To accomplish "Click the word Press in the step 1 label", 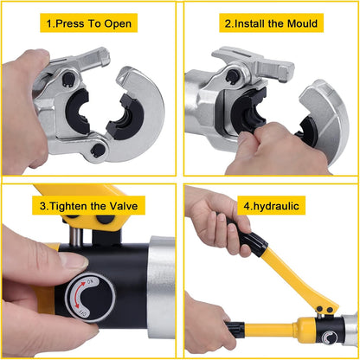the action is pyautogui.click(x=69, y=23).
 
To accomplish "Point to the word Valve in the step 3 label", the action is pyautogui.click(x=124, y=206).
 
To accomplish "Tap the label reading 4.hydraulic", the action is pyautogui.click(x=271, y=206).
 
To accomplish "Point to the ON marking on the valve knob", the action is pyautogui.click(x=89, y=281).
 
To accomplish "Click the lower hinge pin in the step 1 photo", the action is pyautogui.click(x=99, y=149).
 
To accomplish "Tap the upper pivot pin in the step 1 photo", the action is pyautogui.click(x=69, y=79).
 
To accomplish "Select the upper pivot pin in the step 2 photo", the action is pyautogui.click(x=233, y=76).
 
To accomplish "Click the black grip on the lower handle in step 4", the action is pyautogui.click(x=235, y=328).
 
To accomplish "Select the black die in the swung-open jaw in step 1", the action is pyautogui.click(x=125, y=116).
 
